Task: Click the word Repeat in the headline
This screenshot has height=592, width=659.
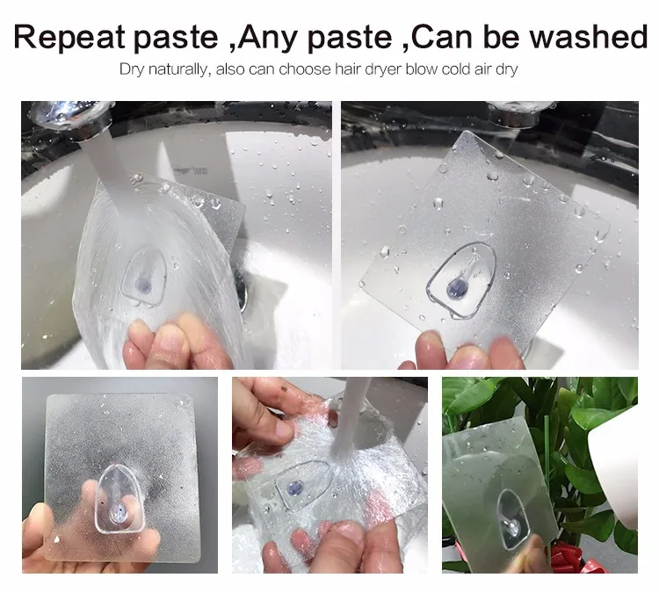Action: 69,37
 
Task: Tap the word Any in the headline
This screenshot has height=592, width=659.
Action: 268,38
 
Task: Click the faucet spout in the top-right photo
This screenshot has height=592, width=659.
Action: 520,112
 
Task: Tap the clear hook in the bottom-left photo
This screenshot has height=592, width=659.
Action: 120,499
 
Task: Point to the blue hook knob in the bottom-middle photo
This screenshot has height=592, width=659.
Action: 295,487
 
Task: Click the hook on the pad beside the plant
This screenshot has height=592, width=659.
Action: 512,519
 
